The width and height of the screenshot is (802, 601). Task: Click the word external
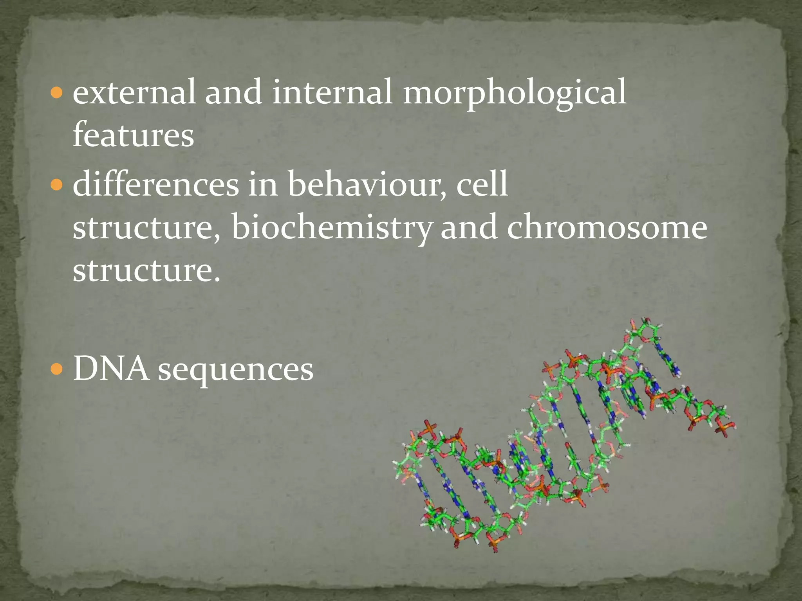click(x=134, y=92)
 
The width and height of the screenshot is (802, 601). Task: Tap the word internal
click(x=332, y=92)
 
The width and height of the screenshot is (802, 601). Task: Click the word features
click(x=133, y=134)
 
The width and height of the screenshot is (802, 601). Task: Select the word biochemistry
click(x=332, y=228)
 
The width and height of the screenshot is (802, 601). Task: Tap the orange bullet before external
click(x=57, y=93)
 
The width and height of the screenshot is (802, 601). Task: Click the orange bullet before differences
click(x=57, y=184)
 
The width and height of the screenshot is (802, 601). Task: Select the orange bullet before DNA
click(x=57, y=369)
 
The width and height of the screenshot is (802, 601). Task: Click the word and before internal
click(x=233, y=92)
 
